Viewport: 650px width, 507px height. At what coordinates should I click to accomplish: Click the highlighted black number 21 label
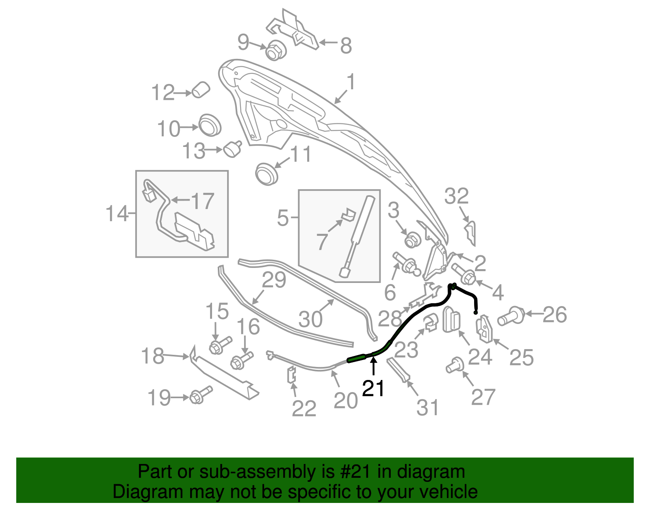(373, 388)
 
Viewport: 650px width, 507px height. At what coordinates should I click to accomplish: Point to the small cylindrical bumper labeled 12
(200, 90)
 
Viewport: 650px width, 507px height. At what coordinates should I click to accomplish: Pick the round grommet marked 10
(210, 125)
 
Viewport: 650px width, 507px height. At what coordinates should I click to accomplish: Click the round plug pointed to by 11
(266, 174)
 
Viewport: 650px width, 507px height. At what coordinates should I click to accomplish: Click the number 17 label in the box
(202, 201)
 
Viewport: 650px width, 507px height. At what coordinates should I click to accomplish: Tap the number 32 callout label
(457, 196)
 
